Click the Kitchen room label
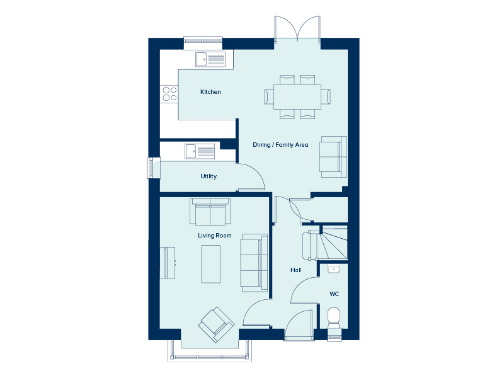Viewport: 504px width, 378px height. [x=210, y=92]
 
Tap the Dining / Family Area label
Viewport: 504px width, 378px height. [x=280, y=145]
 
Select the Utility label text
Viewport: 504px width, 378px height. [x=209, y=176]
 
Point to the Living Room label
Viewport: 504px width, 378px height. [x=215, y=236]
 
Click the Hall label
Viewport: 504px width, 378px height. [x=296, y=270]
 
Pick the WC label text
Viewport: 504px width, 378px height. [x=335, y=294]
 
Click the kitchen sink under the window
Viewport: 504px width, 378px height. [x=210, y=59]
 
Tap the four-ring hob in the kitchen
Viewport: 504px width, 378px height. [x=169, y=93]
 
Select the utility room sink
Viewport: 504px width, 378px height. [x=200, y=151]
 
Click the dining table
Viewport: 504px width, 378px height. [x=297, y=97]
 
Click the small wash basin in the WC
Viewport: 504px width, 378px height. [x=334, y=269]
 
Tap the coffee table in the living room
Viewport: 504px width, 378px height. [x=211, y=264]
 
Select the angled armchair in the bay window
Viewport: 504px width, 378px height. [x=216, y=324]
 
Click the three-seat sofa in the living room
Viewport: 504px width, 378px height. [x=255, y=263]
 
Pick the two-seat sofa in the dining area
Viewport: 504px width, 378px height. [x=333, y=157]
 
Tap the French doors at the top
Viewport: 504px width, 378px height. [x=297, y=28]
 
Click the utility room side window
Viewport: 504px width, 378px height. [x=153, y=168]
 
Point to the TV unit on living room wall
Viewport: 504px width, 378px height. [x=168, y=263]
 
